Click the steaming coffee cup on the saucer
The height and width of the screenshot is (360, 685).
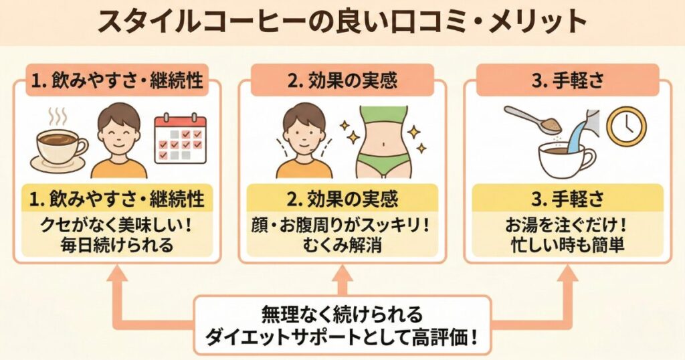coord(60,149)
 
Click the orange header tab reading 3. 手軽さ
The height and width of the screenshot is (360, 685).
coord(567,81)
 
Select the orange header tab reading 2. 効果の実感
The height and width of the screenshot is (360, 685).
coord(342,81)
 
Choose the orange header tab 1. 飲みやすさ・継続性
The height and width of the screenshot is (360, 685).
coord(117,81)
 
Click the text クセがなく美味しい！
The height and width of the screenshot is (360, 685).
coord(116,226)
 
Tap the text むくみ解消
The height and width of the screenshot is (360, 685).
coord(342,246)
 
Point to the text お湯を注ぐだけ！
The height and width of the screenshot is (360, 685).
coord(567,226)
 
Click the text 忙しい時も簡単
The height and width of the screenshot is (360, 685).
coord(567,246)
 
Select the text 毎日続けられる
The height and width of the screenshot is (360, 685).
coord(116,246)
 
